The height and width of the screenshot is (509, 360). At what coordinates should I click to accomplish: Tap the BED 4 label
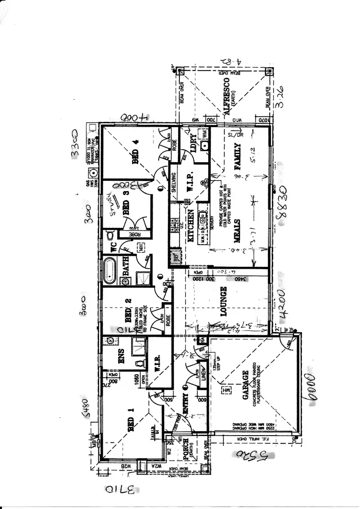click(x=136, y=154)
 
